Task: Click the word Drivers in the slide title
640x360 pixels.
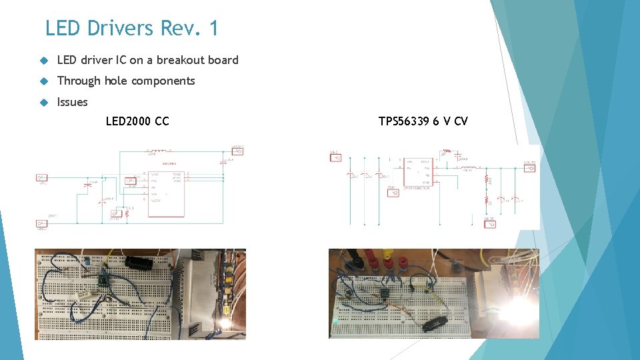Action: click(x=121, y=29)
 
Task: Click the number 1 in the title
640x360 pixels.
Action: click(x=213, y=29)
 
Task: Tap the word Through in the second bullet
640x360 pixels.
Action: click(x=79, y=81)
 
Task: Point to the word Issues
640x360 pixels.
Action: click(x=72, y=102)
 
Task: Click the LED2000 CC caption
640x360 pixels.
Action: click(x=137, y=121)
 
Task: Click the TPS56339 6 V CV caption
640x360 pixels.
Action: click(x=423, y=121)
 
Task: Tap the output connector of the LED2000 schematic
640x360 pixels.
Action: click(x=238, y=151)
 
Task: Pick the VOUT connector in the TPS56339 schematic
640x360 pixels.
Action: click(x=530, y=167)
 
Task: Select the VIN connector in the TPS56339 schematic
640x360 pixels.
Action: click(x=336, y=158)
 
